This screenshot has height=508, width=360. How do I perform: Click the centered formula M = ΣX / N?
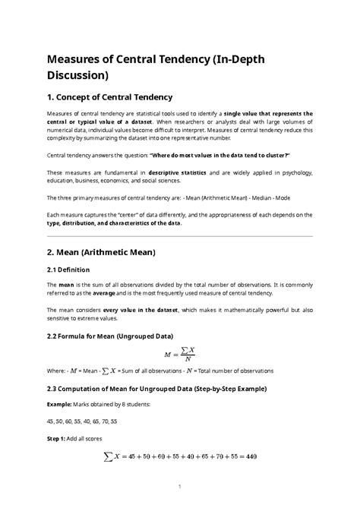tap(180, 353)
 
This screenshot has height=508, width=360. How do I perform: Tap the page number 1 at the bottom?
tap(180, 486)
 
